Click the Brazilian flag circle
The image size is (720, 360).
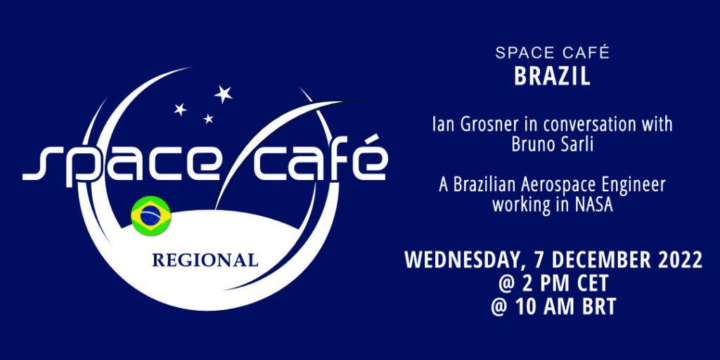(151, 216)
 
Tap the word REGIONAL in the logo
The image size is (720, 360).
(205, 260)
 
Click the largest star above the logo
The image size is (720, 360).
(223, 94)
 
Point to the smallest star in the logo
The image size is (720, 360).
(208, 118)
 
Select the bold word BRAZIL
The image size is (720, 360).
(552, 77)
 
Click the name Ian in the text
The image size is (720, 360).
(442, 125)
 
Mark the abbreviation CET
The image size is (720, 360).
(590, 284)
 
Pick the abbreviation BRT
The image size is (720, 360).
(596, 307)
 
